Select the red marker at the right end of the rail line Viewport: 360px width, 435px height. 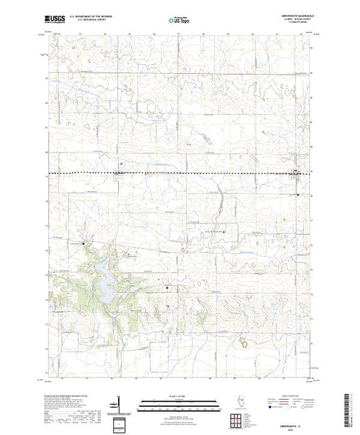click(296, 171)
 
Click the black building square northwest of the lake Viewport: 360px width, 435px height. click(84, 244)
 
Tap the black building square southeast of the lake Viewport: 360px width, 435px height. click(167, 287)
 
